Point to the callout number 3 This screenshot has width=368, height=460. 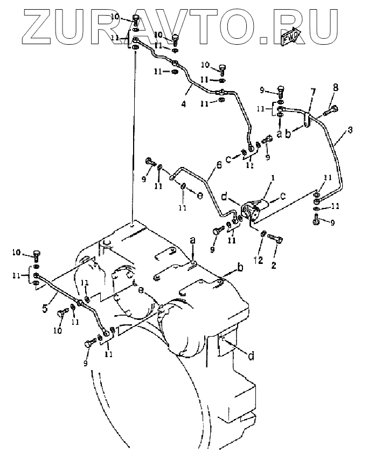pos(350,130)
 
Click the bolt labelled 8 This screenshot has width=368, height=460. pos(330,112)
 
